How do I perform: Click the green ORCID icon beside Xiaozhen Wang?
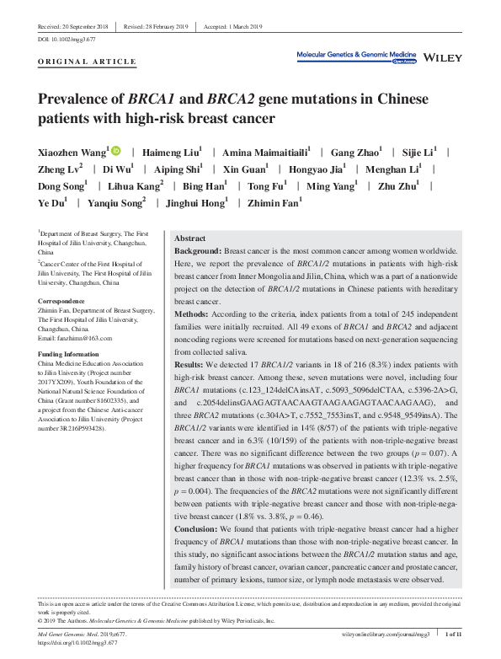(116, 151)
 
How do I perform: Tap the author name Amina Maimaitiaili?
(264, 152)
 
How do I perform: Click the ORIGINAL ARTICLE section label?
(87, 62)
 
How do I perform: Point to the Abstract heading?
(189, 239)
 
